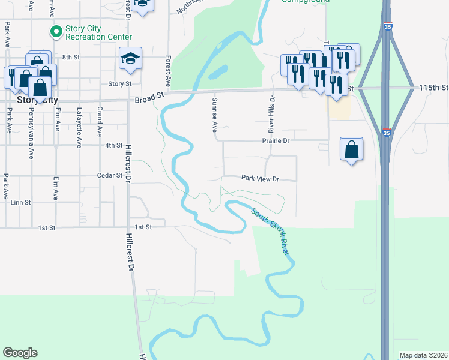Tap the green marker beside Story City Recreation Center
pos(56,31)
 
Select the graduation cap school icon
pos(130,59)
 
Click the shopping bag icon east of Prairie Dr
pos(351,150)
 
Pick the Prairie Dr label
pos(276,140)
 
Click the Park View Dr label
pos(261,178)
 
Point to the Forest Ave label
pos(169,71)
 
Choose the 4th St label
pos(114,145)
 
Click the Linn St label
pos(20,203)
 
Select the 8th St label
pos(71,57)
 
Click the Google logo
pos(20,353)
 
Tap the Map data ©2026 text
pos(423,355)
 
